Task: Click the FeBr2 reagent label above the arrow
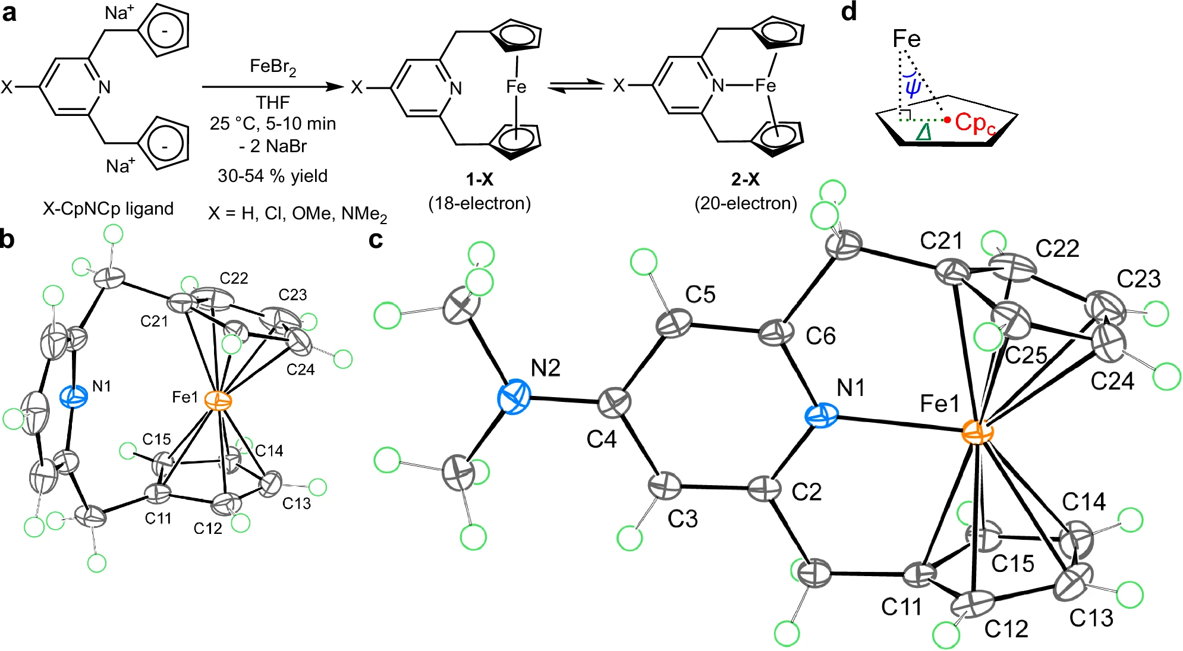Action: (273, 67)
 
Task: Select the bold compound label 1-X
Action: (479, 179)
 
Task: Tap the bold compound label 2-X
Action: (745, 179)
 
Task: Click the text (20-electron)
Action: (745, 203)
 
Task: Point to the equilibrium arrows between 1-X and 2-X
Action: (575, 87)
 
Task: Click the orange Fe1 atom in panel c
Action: (977, 433)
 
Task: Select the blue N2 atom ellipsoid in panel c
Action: (514, 397)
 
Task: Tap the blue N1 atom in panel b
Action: (74, 397)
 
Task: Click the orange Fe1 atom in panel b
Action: (218, 401)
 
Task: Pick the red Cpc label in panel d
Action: (976, 124)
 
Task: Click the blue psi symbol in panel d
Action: (913, 88)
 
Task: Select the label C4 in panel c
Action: (602, 439)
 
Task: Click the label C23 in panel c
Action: (1138, 278)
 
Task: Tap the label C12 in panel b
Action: (207, 528)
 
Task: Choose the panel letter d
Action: (849, 12)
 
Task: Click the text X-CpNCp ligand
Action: (108, 209)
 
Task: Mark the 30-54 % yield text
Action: (273, 176)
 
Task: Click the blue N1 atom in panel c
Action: (821, 416)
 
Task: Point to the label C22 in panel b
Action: (234, 278)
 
